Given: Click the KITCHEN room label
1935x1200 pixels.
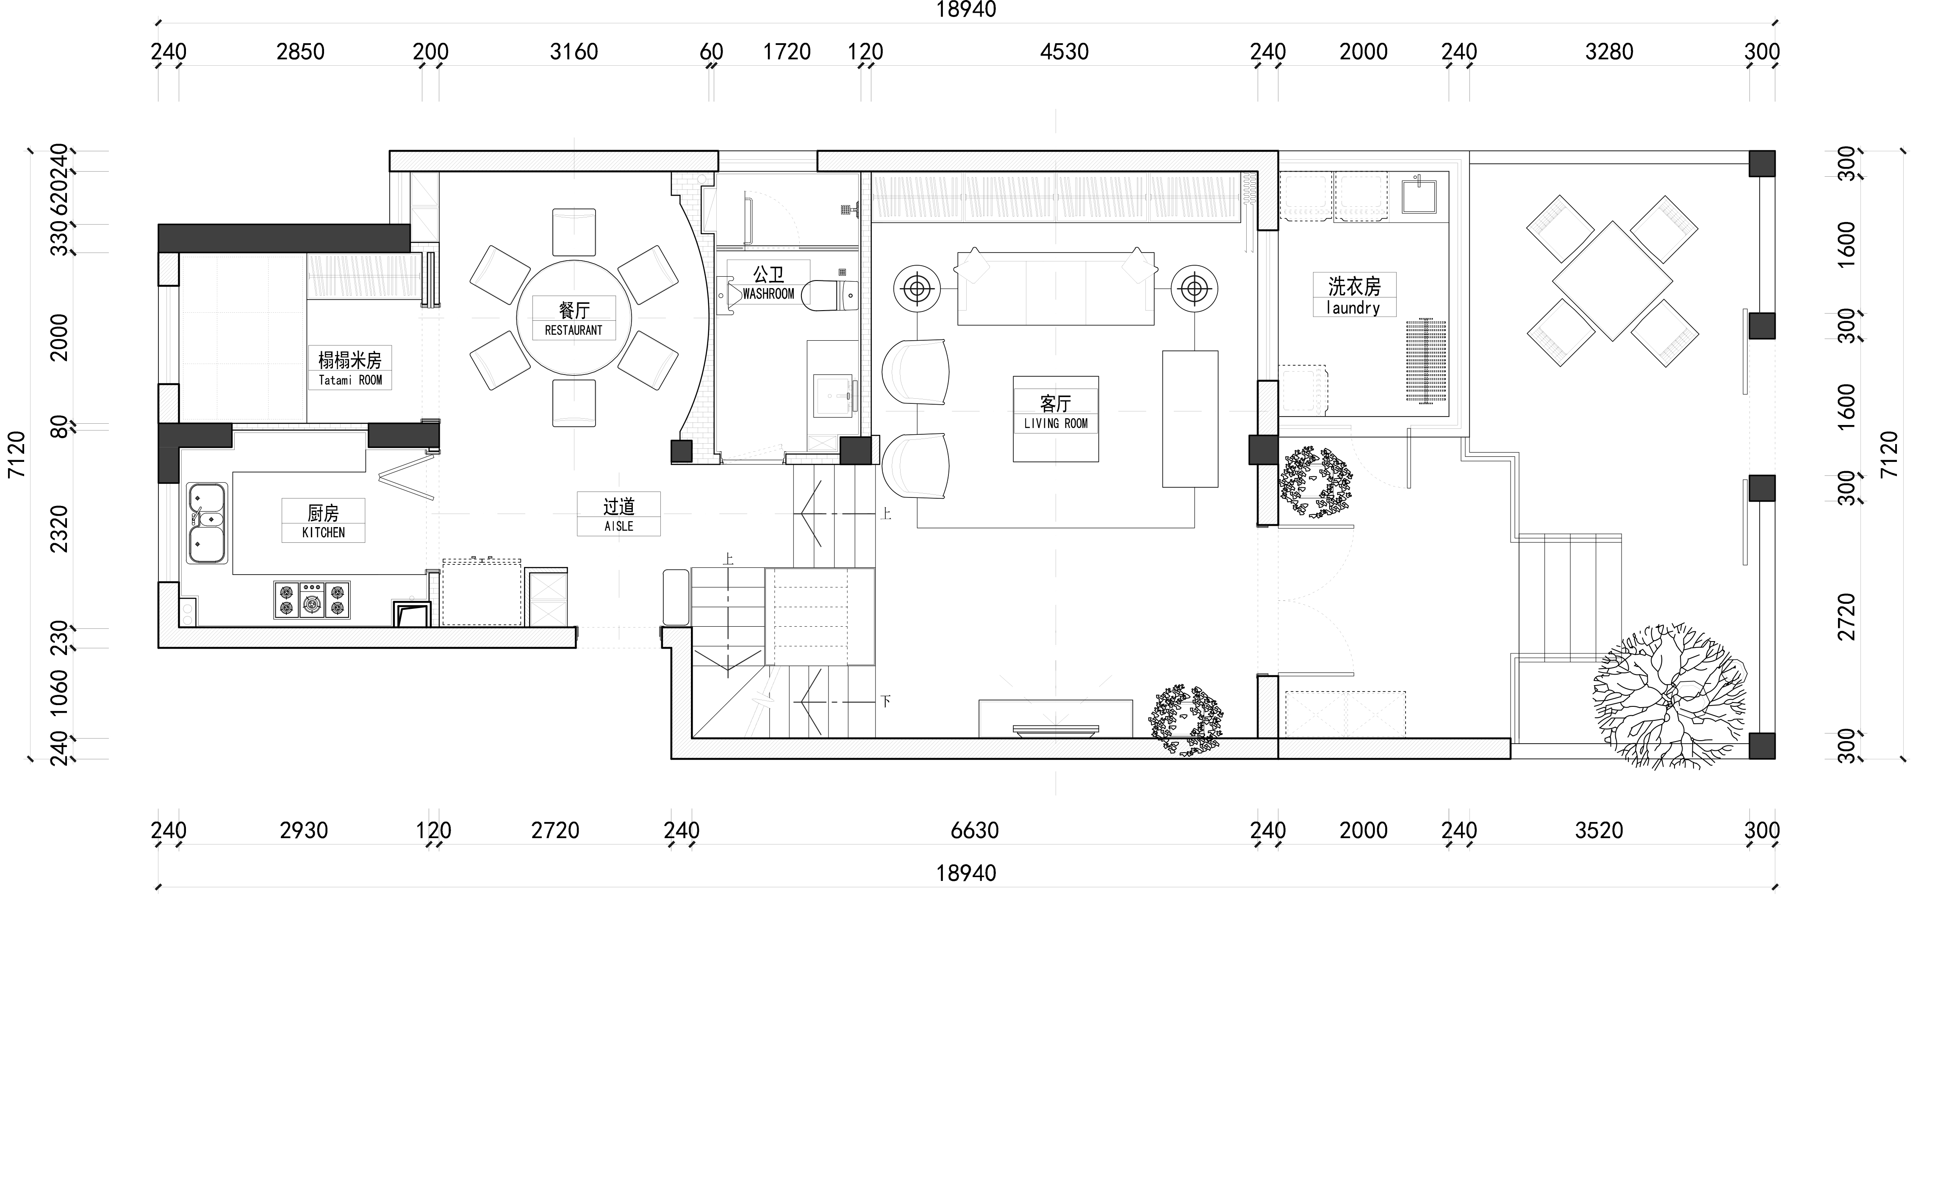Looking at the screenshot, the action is [324, 533].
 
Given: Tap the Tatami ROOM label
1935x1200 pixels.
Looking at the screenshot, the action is [350, 380].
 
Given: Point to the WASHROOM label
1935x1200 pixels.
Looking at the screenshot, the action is [768, 294].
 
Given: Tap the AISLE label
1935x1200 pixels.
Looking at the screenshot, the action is [619, 526].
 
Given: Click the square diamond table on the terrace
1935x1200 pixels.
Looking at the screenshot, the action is [1612, 281].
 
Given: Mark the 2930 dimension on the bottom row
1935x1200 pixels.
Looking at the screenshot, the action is [304, 831].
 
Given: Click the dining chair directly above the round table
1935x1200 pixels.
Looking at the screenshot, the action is [574, 232].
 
